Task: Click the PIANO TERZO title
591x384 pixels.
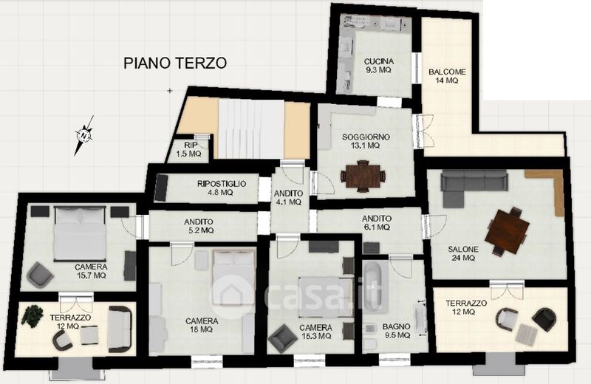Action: click(175, 63)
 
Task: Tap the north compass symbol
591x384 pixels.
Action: click(84, 135)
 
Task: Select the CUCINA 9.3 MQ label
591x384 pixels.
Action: click(379, 66)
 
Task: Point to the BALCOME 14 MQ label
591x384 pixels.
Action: click(447, 76)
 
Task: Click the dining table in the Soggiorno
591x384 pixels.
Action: click(363, 176)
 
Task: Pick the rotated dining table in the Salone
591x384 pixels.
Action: click(508, 231)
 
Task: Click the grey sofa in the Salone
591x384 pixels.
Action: click(474, 188)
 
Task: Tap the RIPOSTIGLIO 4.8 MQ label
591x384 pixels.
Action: click(221, 188)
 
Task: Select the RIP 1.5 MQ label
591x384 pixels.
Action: click(189, 149)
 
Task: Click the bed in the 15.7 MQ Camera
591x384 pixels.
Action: click(80, 233)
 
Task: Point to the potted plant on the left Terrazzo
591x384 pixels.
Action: click(32, 315)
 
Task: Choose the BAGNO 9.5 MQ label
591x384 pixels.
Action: click(397, 331)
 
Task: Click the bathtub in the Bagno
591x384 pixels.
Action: click(375, 285)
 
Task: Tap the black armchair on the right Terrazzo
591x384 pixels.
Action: click(544, 319)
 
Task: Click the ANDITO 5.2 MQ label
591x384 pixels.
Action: click(199, 226)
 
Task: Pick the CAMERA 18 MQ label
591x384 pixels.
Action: click(202, 325)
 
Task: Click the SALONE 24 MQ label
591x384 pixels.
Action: click(463, 253)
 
